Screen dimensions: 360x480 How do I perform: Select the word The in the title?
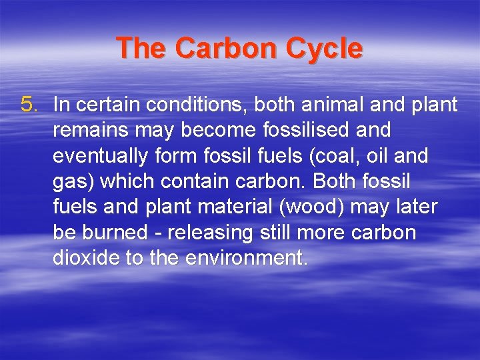(x=143, y=49)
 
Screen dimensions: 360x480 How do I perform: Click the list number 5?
(x=30, y=105)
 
